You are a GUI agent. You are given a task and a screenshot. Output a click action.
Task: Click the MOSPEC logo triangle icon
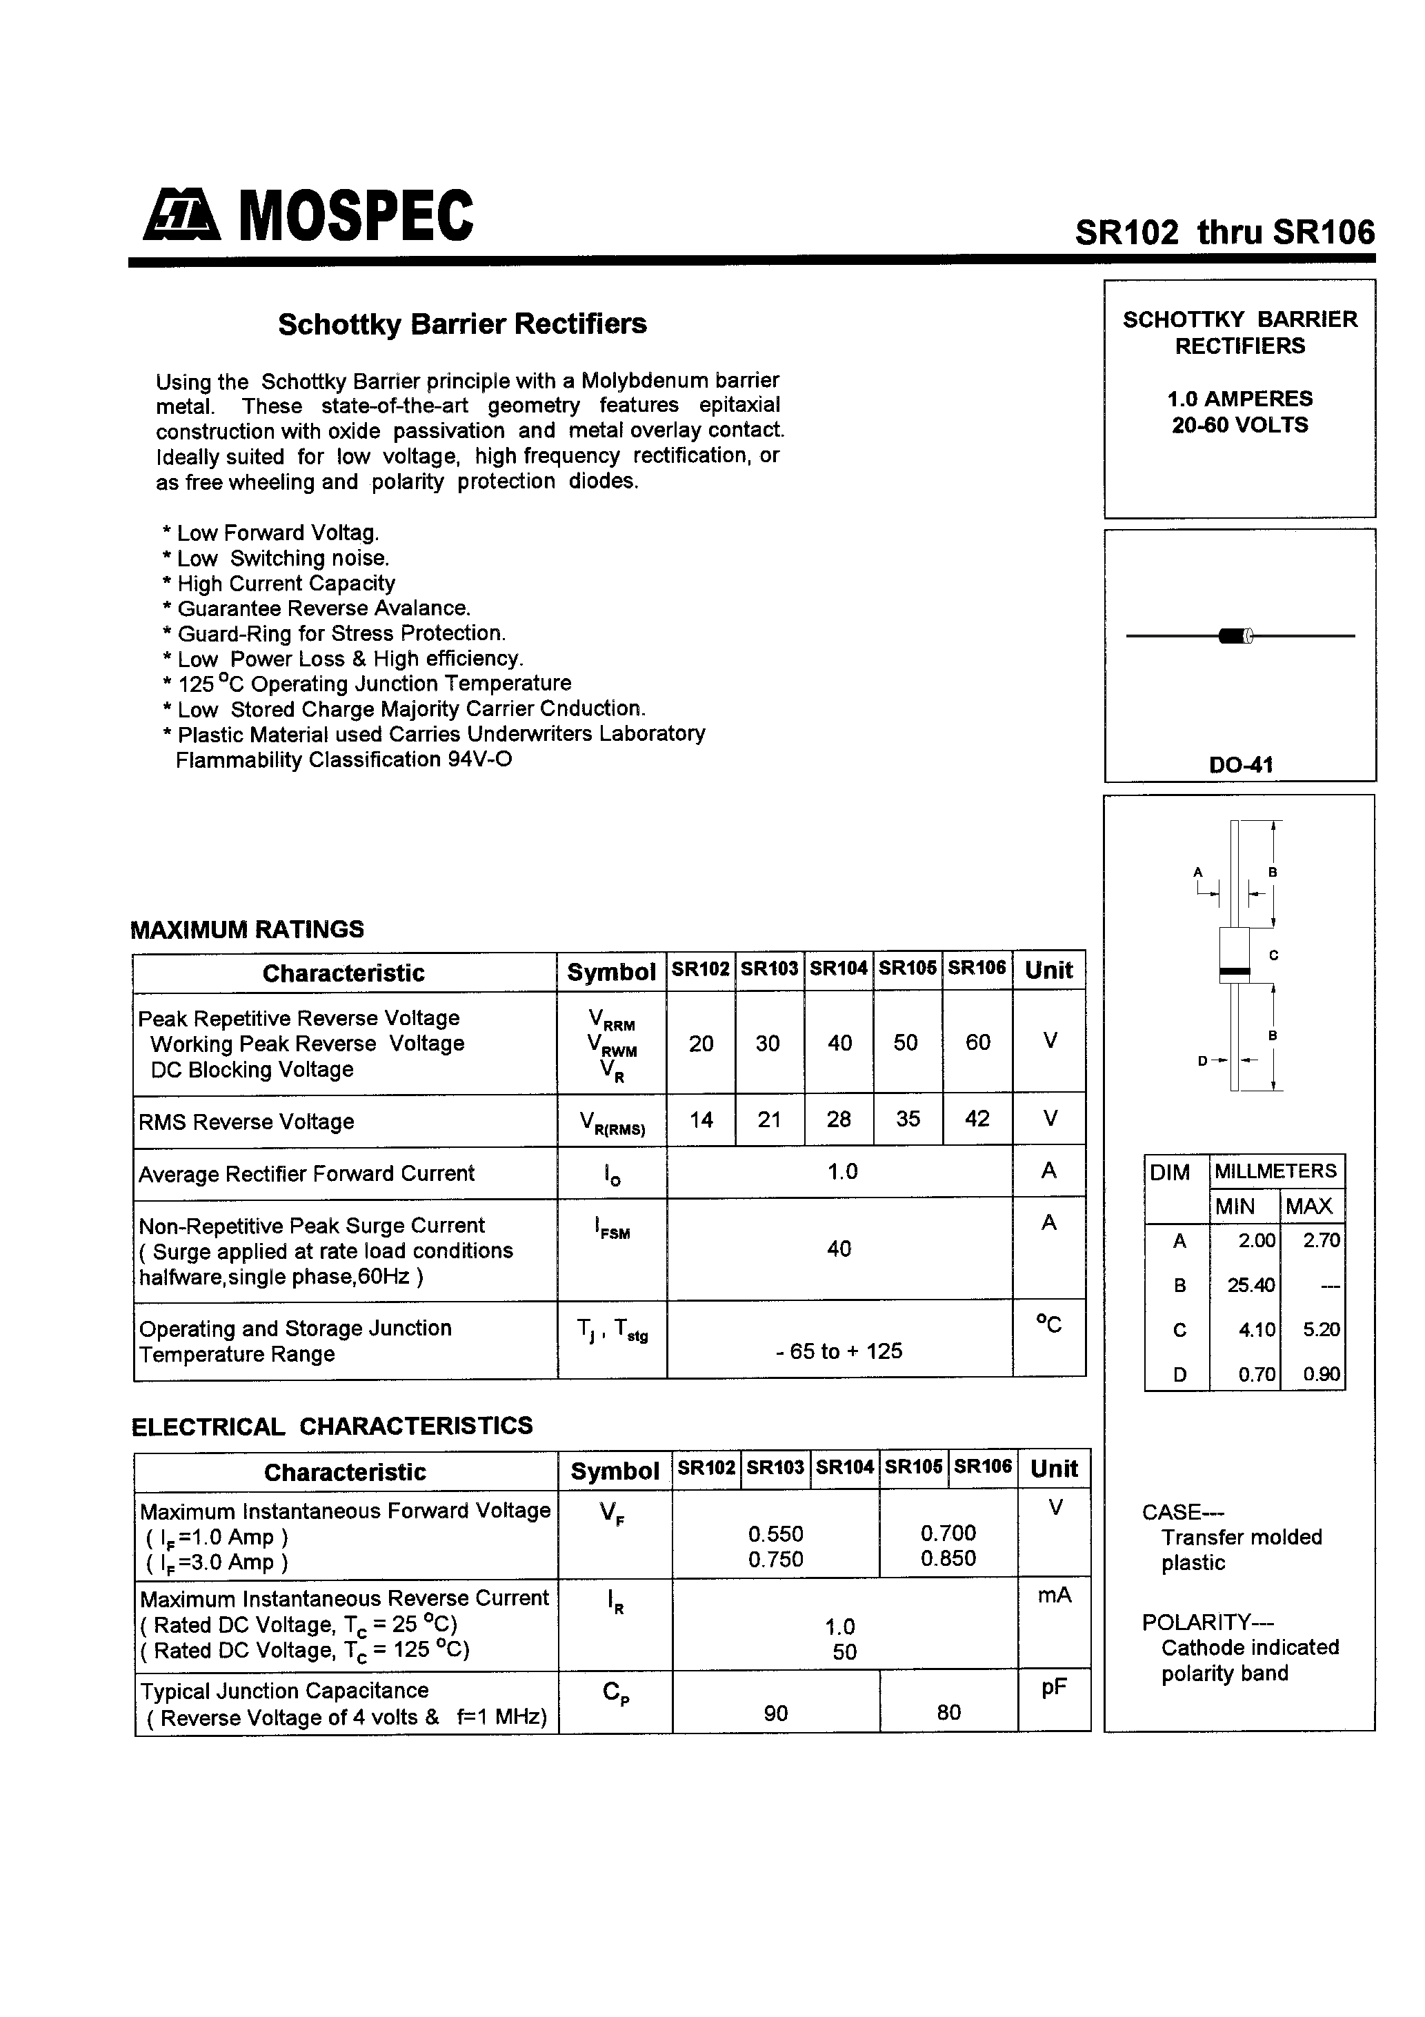click(181, 216)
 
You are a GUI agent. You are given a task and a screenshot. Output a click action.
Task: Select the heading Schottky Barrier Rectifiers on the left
click(462, 324)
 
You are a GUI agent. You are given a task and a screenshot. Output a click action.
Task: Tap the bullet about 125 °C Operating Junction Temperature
click(373, 684)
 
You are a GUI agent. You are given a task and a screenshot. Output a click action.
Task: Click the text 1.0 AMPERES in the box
click(1239, 399)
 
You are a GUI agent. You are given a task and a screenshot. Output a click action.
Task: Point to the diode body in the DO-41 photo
click(1235, 635)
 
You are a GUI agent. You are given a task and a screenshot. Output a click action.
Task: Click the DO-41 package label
click(1239, 764)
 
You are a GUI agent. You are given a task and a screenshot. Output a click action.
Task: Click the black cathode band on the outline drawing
click(1235, 972)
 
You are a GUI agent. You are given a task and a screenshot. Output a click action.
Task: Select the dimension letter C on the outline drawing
click(1273, 955)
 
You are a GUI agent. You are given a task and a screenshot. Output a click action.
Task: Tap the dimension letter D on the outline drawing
click(1203, 1060)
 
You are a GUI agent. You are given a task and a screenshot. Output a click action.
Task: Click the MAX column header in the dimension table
click(1309, 1206)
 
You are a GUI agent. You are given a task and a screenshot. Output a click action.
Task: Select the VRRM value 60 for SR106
click(978, 1043)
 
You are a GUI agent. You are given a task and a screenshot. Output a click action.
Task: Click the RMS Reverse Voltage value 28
click(838, 1119)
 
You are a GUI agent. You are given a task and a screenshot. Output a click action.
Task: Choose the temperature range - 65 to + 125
click(839, 1351)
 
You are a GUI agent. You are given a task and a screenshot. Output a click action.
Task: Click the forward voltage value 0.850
click(948, 1558)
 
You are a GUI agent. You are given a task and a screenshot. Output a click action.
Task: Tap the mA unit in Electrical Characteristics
click(1054, 1596)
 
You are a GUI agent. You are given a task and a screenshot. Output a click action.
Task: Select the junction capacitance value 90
click(776, 1713)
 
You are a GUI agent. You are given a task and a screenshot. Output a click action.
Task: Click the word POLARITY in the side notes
click(1196, 1622)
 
